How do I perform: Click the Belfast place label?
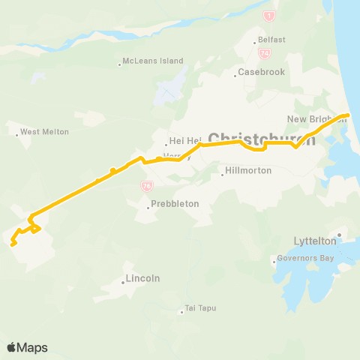coord(272,40)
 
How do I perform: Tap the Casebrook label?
coord(258,73)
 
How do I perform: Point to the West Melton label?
coord(44,132)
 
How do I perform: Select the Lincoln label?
coord(143,278)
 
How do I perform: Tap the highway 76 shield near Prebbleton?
coord(147,186)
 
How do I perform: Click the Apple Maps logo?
coord(27,347)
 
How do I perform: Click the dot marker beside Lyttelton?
coord(339,235)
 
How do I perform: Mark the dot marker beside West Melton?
coord(17,135)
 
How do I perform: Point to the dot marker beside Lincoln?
coord(123,282)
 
